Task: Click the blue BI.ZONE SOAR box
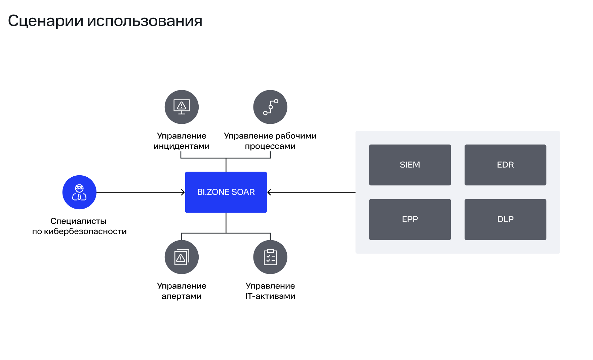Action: pos(226,192)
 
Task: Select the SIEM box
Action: pos(410,165)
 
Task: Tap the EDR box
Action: pos(505,165)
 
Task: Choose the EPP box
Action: pos(410,219)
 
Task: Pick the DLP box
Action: pos(505,219)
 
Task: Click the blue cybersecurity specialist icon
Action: pos(79,192)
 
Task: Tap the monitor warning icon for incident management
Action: pos(182,107)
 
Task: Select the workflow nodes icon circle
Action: pos(270,107)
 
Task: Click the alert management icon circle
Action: pos(182,257)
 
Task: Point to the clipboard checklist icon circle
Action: pos(270,257)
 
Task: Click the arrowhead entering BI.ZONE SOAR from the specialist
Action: pos(183,192)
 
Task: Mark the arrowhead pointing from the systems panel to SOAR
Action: pos(269,192)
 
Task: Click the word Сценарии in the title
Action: pos(45,21)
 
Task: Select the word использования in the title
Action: pos(145,21)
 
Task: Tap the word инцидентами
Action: pos(182,146)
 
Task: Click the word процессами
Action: pos(270,146)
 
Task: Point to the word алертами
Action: pos(182,296)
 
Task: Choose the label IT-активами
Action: pos(270,296)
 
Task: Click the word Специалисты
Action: pos(78,221)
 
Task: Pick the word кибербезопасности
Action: pos(85,231)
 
